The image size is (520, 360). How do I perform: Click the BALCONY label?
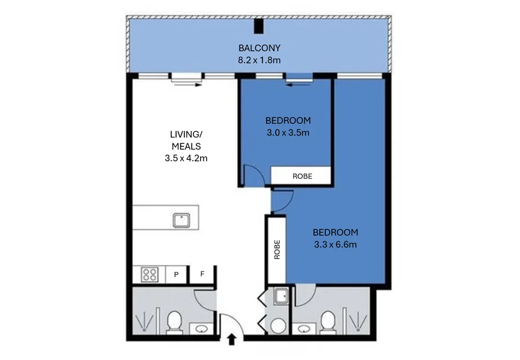tap(259, 48)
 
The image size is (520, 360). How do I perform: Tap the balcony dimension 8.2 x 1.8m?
tap(259, 60)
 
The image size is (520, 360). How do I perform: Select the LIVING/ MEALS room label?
tap(186, 141)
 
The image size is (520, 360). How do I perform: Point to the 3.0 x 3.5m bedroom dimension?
tap(288, 133)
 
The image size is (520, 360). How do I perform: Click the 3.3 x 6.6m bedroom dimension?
tap(335, 245)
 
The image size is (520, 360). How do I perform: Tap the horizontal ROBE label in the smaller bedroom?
tap(302, 176)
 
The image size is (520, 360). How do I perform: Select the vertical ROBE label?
tap(277, 249)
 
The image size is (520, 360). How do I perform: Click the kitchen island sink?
tap(182, 220)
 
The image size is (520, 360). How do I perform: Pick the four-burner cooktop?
tap(149, 275)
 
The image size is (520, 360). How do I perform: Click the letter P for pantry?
tap(177, 275)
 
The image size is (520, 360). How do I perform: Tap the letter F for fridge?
tap(202, 274)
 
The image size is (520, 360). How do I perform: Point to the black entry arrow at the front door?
tap(231, 339)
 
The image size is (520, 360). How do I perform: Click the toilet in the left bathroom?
tap(174, 321)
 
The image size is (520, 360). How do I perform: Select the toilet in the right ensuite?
tap(328, 321)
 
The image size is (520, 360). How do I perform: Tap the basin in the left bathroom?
tap(201, 329)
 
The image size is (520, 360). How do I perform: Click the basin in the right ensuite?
tap(304, 329)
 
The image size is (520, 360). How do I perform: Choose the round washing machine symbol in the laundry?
tap(278, 326)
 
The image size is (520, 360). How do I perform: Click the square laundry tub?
tap(281, 297)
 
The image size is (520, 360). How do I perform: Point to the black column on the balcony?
tap(259, 26)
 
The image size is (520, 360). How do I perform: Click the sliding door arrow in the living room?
tap(188, 85)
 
